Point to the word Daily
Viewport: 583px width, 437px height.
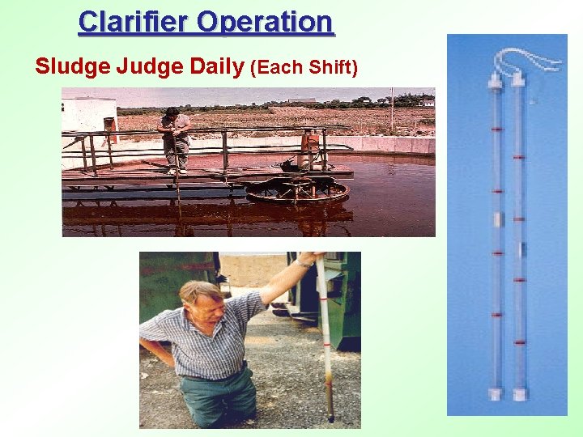(216, 66)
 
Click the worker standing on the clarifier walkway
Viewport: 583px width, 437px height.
(175, 138)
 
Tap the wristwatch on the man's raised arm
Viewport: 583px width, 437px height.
(305, 262)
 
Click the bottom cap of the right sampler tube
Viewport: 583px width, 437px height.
(518, 396)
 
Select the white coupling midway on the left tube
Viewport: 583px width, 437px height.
(498, 219)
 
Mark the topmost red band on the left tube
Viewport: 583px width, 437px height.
(496, 129)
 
